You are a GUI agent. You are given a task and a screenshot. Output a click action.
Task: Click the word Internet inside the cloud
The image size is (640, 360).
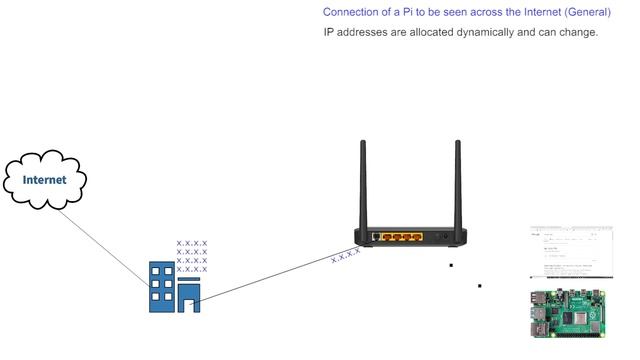coord(46,180)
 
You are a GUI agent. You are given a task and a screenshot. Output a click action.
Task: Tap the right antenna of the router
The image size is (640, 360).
coord(457,185)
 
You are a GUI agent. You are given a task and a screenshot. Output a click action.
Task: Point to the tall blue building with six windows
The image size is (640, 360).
coord(160,286)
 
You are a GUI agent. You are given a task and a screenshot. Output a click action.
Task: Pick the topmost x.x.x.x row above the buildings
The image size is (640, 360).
coord(192,243)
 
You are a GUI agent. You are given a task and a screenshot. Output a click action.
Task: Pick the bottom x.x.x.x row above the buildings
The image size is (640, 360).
coord(192,269)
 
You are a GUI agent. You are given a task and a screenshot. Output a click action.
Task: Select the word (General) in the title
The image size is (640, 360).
coord(583,13)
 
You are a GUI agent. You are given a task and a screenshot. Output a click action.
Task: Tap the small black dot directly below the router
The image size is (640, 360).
coord(451,266)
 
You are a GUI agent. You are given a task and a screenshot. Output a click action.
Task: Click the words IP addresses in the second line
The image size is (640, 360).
coord(354,32)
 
